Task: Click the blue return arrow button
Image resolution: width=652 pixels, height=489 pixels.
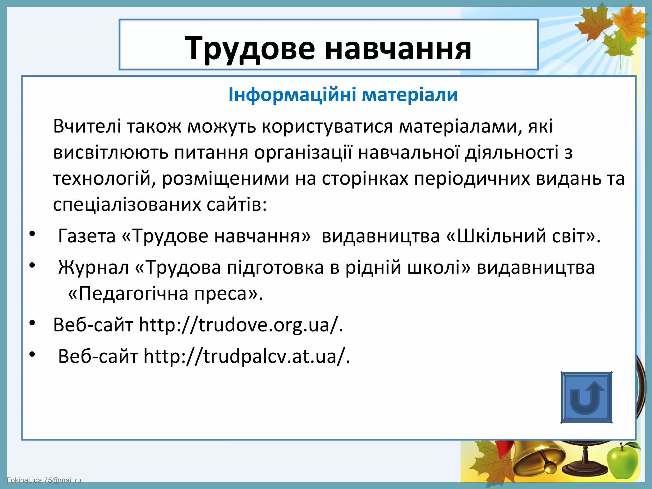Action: point(586,397)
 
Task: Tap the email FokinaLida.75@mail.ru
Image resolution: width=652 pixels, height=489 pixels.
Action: point(44,480)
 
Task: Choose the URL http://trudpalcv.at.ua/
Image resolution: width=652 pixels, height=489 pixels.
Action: point(247,356)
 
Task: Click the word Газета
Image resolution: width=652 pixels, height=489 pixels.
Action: point(87,236)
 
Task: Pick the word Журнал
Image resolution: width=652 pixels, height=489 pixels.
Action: point(93,267)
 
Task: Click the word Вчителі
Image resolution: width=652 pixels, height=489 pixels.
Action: point(87,126)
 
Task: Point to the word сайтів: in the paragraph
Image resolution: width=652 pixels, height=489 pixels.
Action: point(237,204)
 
